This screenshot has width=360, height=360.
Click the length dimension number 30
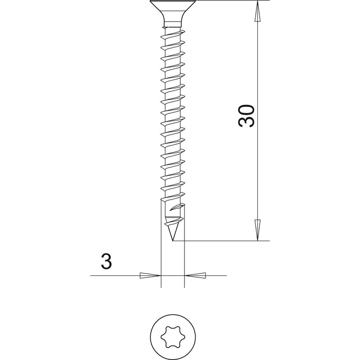247,116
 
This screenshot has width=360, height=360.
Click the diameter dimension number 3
106,261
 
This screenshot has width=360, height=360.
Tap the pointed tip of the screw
172,241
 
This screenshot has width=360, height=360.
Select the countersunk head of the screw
173,12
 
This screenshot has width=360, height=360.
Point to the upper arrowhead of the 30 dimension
257,11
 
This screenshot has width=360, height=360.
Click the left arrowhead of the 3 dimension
150,275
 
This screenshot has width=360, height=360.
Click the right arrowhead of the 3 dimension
195,275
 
